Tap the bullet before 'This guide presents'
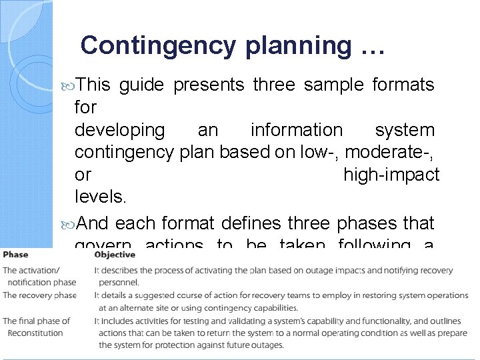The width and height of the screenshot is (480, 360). click(x=69, y=85)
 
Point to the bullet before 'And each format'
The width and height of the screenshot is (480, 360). click(x=69, y=223)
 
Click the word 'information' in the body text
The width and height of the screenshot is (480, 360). click(x=297, y=130)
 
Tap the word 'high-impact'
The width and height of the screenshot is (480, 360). click(x=391, y=175)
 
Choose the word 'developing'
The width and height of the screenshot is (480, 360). click(x=119, y=131)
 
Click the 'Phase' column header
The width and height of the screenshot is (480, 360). click(x=15, y=254)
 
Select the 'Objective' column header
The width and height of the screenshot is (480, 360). click(x=115, y=254)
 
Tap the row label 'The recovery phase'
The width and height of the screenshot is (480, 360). click(x=39, y=295)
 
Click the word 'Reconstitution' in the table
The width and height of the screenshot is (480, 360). click(x=35, y=333)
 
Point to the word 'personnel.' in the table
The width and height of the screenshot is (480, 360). click(x=119, y=283)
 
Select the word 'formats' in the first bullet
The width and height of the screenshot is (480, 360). click(x=403, y=85)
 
